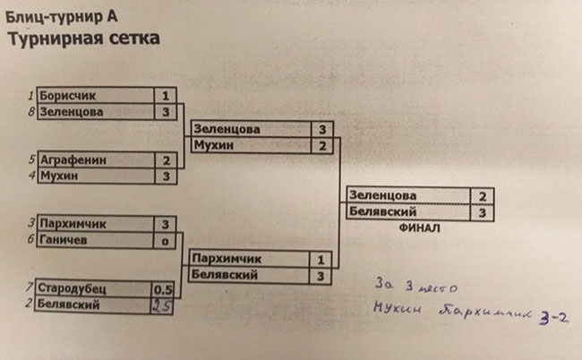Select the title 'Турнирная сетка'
pos(84,39)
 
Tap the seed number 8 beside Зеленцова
pos(31,112)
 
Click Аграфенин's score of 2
pos(167,160)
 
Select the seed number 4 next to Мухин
pos(31,176)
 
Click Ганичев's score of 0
pos(166,240)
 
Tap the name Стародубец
pos(75,289)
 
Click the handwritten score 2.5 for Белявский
pos(162,305)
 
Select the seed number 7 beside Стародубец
pos(31,288)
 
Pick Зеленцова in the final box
pos(383,194)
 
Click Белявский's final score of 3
pos(482,211)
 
